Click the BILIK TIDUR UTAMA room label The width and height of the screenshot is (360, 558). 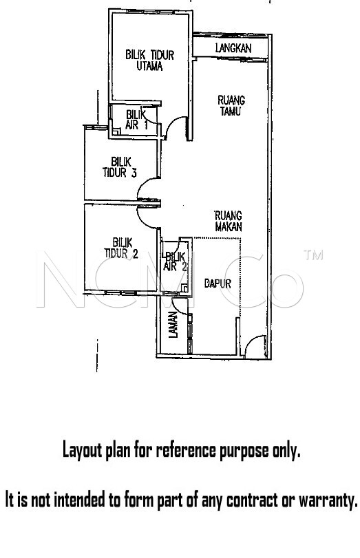(x=149, y=61)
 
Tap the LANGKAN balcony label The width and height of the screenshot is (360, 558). (x=233, y=48)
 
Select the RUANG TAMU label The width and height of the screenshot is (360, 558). (x=231, y=105)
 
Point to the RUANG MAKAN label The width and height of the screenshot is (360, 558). (x=229, y=221)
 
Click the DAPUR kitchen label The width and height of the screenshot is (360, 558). (x=218, y=283)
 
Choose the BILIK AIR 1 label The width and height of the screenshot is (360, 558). (x=137, y=120)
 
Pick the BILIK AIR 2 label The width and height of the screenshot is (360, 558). (x=175, y=261)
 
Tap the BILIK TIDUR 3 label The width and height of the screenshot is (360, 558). (x=120, y=167)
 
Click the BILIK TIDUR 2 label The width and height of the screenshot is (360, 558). (x=121, y=248)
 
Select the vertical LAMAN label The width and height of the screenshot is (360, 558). (x=173, y=325)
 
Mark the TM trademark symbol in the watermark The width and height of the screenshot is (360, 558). (x=313, y=255)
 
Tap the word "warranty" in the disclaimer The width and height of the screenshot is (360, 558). (x=328, y=500)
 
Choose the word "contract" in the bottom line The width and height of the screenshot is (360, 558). (x=252, y=500)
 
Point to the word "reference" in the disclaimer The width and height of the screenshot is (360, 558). (x=186, y=450)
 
